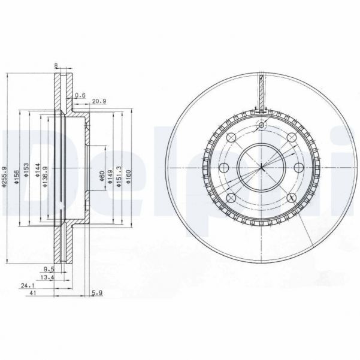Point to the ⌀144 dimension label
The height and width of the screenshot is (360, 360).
pyautogui.click(x=37, y=169)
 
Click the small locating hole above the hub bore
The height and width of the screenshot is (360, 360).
pyautogui.click(x=261, y=125)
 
